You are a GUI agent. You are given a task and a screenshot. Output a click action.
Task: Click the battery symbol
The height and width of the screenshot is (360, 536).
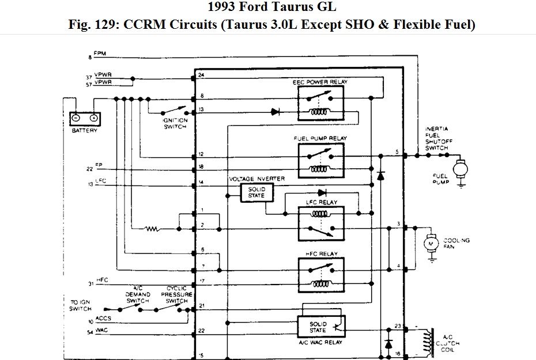84,118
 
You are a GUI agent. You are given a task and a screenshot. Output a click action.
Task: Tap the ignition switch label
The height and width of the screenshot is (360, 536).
175,123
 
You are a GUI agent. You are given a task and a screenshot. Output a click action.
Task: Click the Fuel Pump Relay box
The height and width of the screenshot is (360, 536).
320,160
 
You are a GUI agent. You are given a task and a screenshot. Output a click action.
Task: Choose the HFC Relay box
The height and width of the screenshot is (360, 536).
320,272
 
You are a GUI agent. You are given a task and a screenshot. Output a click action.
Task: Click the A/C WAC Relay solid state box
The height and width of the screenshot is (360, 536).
320,326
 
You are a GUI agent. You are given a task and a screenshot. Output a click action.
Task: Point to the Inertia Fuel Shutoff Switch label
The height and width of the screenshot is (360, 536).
436,138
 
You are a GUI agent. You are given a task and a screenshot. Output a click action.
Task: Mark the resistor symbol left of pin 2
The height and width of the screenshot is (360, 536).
153,229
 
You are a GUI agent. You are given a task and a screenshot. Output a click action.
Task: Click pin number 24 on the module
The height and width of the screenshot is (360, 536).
201,75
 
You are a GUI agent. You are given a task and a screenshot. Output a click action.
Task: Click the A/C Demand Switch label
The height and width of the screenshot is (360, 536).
137,294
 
